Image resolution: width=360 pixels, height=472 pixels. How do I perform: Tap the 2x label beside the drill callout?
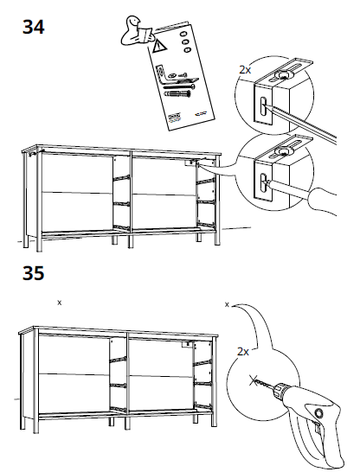(242, 352)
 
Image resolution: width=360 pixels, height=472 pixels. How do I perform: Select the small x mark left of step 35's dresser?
(59, 303)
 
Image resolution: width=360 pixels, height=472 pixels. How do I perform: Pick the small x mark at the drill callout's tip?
(226, 304)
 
